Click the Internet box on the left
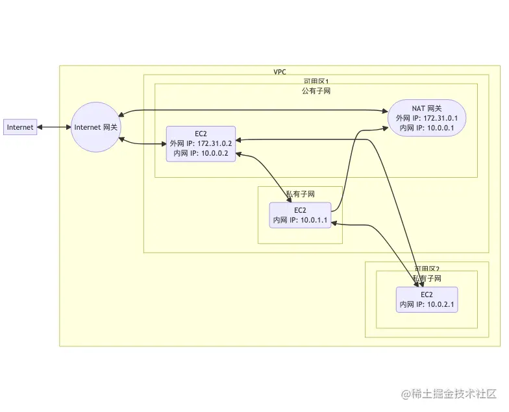pyautogui.click(x=19, y=127)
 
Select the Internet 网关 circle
pyautogui.click(x=96, y=127)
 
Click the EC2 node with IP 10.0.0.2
pyautogui.click(x=201, y=143)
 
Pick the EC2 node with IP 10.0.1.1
pyautogui.click(x=300, y=215)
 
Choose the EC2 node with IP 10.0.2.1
pyautogui.click(x=427, y=299)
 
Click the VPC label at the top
pyautogui.click(x=280, y=71)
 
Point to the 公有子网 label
pyautogui.click(x=316, y=91)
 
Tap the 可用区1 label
pyautogui.click(x=316, y=81)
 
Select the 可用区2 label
pyautogui.click(x=427, y=268)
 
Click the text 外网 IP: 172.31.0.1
pyautogui.click(x=427, y=119)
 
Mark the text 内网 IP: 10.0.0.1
pyautogui.click(x=427, y=128)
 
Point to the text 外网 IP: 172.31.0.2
pyautogui.click(x=201, y=143)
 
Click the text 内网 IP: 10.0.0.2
pyautogui.click(x=201, y=153)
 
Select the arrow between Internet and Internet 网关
pyautogui.click(x=53, y=127)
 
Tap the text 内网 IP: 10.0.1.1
pyautogui.click(x=300, y=221)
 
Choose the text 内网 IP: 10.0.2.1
pyautogui.click(x=427, y=304)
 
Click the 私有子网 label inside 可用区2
pyautogui.click(x=427, y=278)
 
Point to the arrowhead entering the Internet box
pyautogui.click(x=39, y=127)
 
